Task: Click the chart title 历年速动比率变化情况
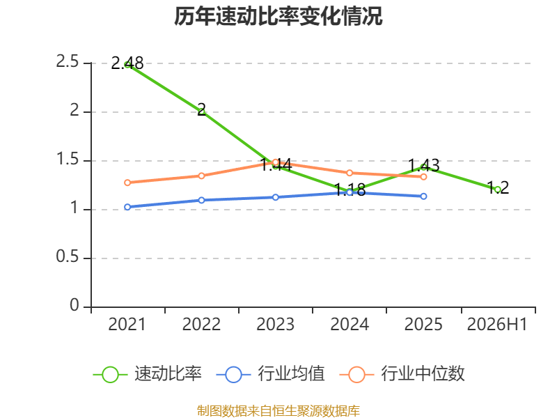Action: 278,16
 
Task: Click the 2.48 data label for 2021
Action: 127,63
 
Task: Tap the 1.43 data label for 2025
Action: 423,166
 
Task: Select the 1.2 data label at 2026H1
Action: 498,187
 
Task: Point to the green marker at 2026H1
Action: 498,189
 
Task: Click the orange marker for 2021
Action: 127,183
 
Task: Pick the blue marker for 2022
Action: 201,200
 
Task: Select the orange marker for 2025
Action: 423,177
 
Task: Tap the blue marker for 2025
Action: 423,196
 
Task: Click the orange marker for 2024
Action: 350,173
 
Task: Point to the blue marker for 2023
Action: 276,197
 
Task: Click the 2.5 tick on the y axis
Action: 67,62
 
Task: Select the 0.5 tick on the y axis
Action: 67,256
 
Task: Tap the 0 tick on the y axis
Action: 74,305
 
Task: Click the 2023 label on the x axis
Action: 275,325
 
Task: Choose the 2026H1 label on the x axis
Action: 497,325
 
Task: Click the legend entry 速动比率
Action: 147,374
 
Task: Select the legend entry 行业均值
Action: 270,374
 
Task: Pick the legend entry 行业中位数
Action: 402,374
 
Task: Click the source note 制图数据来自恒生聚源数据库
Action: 278,411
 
